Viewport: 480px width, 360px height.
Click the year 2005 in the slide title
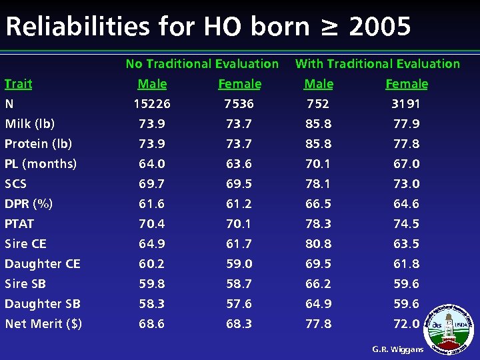(380, 27)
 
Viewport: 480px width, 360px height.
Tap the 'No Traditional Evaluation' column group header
(202, 64)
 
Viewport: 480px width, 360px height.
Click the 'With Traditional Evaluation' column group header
(377, 64)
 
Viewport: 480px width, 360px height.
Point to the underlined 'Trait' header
(18, 84)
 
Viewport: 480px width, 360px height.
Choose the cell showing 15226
(152, 104)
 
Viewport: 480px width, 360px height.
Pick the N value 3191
(406, 104)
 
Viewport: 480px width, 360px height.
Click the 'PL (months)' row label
(41, 164)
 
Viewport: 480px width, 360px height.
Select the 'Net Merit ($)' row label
(43, 324)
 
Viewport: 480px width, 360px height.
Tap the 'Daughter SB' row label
(43, 304)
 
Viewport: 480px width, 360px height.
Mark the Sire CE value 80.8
(319, 244)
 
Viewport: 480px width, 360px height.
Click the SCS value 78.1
(319, 184)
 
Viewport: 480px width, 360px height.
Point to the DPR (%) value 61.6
(152, 204)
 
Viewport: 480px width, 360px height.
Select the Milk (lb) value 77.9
(406, 124)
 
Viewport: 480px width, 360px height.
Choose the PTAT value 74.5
(406, 224)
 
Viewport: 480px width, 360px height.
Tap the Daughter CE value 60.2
(152, 264)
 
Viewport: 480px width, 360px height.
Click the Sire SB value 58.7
(239, 284)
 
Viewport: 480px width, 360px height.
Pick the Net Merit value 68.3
(239, 324)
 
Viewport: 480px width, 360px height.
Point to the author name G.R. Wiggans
(397, 349)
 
